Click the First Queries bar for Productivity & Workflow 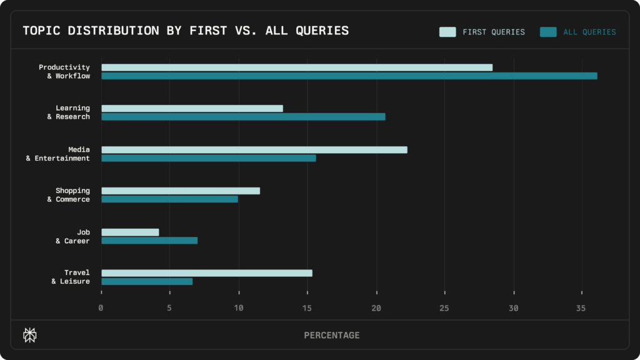tap(297, 67)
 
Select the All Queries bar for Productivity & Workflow tap(349, 76)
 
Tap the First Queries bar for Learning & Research tap(192, 109)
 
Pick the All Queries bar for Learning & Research tap(243, 117)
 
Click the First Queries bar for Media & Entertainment tap(254, 150)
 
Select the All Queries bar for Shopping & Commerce tap(169, 199)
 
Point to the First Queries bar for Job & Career tap(130, 232)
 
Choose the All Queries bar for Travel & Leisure tap(147, 281)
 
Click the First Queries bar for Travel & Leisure tap(206, 273)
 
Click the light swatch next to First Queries tap(447, 32)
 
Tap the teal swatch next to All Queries tap(548, 32)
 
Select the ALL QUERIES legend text tap(589, 32)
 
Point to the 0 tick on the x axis tap(101, 308)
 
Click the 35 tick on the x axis tap(582, 308)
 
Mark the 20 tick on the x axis tap(376, 308)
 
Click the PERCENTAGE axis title tap(332, 336)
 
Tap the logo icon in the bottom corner tap(30, 336)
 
